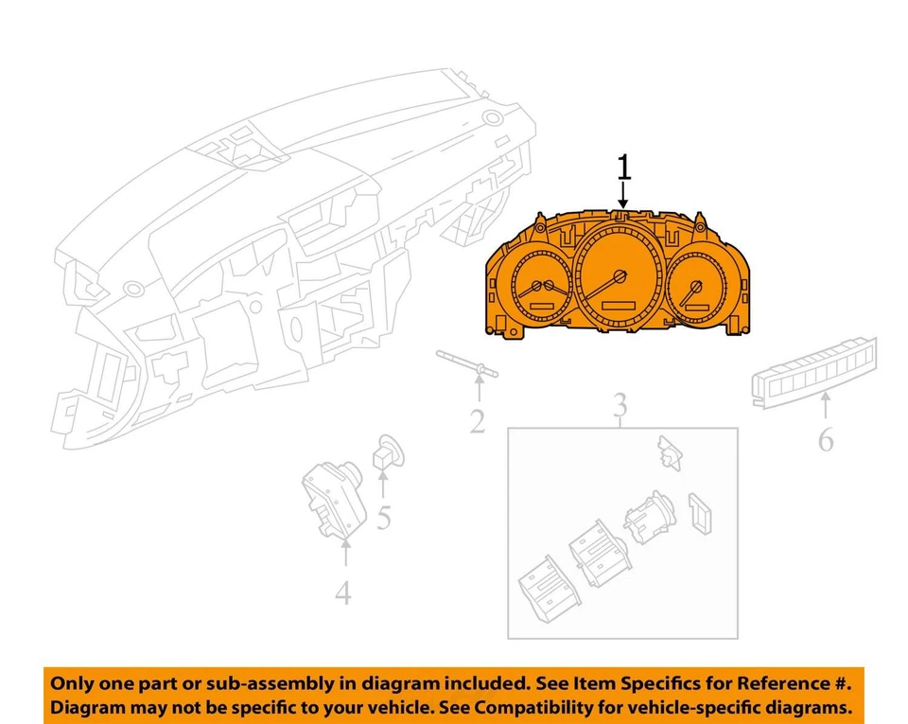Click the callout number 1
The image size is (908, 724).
point(623,168)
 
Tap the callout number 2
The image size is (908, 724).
point(478,421)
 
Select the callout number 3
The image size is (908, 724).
point(619,406)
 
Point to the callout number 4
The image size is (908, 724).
point(343,592)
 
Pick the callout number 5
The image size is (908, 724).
point(383,518)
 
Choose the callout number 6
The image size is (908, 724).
point(826,440)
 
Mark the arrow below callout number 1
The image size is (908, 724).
point(623,196)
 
